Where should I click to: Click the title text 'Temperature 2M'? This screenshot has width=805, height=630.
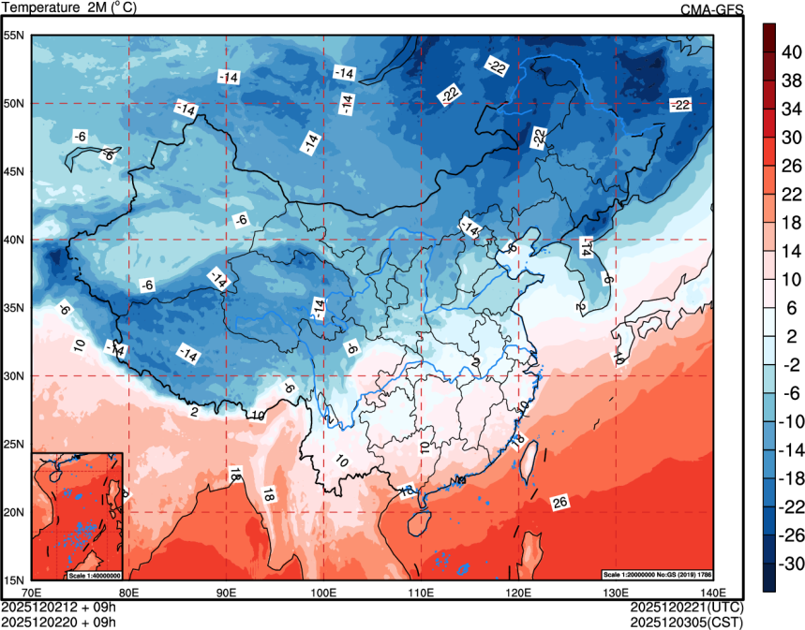(56, 7)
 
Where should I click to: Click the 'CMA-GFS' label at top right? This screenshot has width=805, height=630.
(711, 9)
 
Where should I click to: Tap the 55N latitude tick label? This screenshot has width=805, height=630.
(14, 36)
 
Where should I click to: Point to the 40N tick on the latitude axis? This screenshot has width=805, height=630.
(14, 240)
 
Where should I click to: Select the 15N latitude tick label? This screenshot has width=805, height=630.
(14, 579)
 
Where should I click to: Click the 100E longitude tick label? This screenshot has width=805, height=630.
(323, 593)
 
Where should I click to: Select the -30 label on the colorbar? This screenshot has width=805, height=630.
(793, 564)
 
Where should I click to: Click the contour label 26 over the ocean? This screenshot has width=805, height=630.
(560, 504)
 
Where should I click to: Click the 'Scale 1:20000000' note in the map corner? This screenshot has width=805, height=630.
(660, 574)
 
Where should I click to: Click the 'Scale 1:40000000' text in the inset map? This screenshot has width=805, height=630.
(94, 574)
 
